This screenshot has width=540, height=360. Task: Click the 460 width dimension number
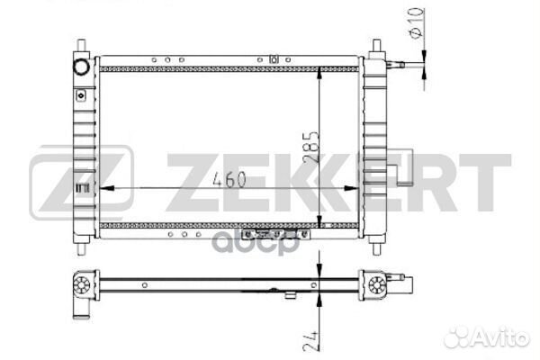tap(229, 179)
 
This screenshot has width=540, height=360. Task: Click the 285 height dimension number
tap(311, 147)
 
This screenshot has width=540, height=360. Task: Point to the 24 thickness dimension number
tap(311, 341)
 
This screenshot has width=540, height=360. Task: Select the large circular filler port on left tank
tap(82, 67)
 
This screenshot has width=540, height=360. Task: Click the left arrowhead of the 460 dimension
tap(107, 188)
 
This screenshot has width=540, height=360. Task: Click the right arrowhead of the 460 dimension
tap(352, 188)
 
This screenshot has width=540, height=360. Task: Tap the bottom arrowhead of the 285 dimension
tap(319, 220)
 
